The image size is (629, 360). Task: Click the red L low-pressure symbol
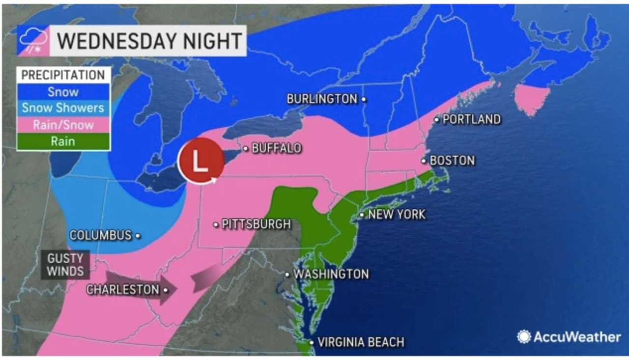pyautogui.click(x=200, y=161)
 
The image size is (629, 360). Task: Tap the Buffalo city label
pyautogui.click(x=276, y=148)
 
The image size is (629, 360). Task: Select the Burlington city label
pyautogui.click(x=322, y=99)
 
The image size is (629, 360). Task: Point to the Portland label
pyautogui.click(x=471, y=119)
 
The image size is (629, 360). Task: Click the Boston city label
pyautogui.click(x=452, y=161)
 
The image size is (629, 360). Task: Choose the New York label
pyautogui.click(x=397, y=214)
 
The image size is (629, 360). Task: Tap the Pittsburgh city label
pyautogui.click(x=256, y=224)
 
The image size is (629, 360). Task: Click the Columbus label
pyautogui.click(x=101, y=235)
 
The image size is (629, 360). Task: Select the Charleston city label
pyautogui.click(x=123, y=290)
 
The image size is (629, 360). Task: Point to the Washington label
pyautogui.click(x=331, y=274)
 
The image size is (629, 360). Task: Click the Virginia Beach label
pyautogui.click(x=361, y=342)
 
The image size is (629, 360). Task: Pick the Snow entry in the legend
pyautogui.click(x=63, y=91)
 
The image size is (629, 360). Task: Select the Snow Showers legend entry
pyautogui.click(x=63, y=108)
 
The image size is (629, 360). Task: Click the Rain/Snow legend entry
pyautogui.click(x=63, y=125)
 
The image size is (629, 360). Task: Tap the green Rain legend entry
pyautogui.click(x=63, y=141)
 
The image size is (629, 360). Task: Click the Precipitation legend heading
pyautogui.click(x=63, y=75)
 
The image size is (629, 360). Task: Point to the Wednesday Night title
pyautogui.click(x=149, y=40)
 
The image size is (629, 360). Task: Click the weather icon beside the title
pyautogui.click(x=33, y=40)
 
